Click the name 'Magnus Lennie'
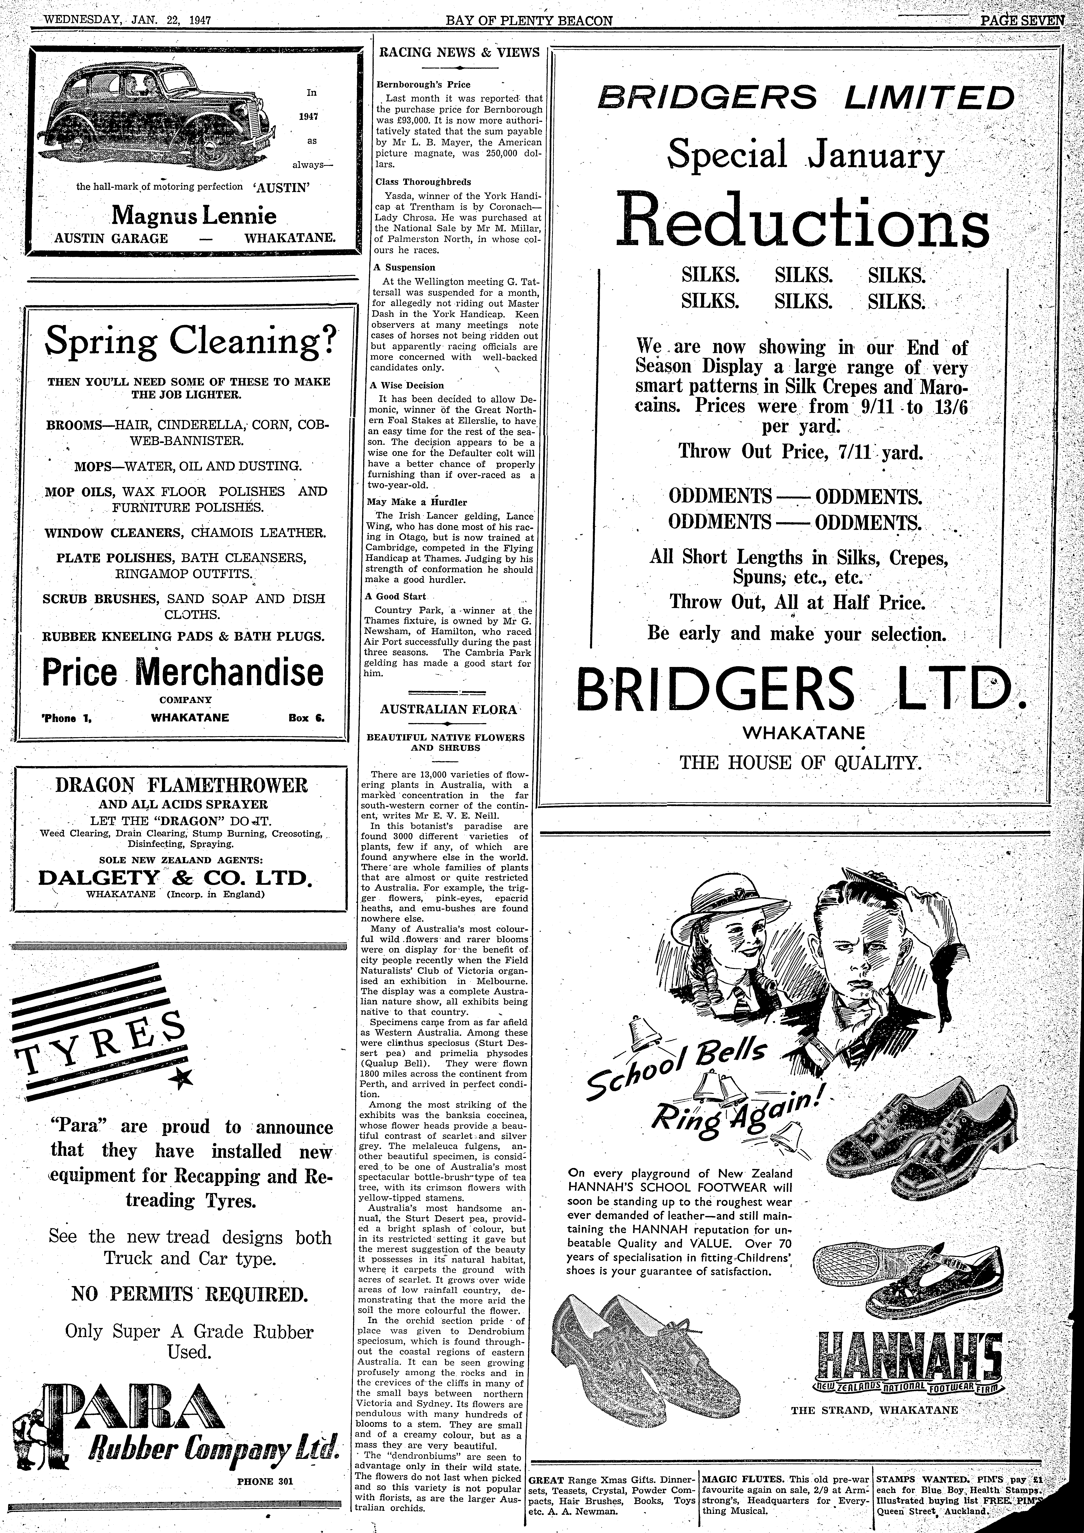[x=194, y=217]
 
